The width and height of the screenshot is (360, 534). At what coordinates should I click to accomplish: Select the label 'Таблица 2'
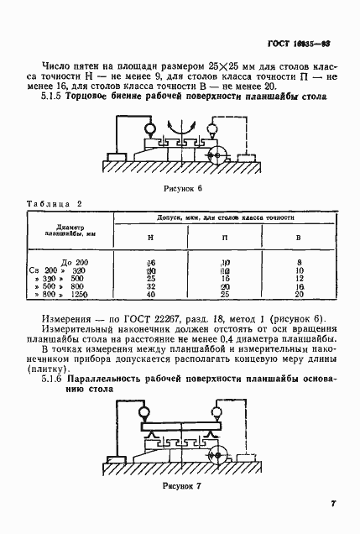[x=53, y=204]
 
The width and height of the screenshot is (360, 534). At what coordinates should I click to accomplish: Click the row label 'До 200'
[x=76, y=263]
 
